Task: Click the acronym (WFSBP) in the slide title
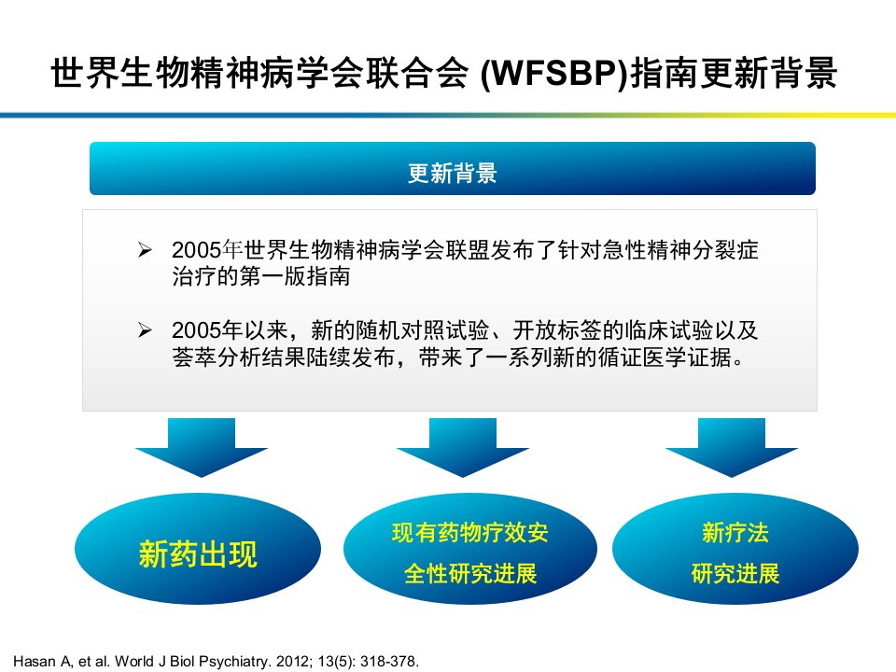[x=553, y=74]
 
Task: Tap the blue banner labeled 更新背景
[x=453, y=169]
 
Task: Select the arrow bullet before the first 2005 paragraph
[x=146, y=250]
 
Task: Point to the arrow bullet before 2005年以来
[x=146, y=330]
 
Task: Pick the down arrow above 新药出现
[x=202, y=447]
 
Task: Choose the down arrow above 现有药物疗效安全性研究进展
[x=463, y=447]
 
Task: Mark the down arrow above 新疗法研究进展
[x=732, y=447]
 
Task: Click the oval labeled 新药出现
[x=198, y=549]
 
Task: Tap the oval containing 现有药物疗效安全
[x=470, y=549]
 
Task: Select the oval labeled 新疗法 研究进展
[x=735, y=549]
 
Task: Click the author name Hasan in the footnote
[x=35, y=661]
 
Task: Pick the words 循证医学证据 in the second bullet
[x=665, y=357]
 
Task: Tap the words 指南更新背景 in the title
[x=734, y=74]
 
